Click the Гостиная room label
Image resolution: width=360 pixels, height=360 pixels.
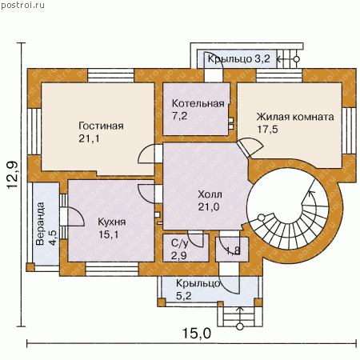101,126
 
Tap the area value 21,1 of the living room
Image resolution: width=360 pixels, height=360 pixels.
89,138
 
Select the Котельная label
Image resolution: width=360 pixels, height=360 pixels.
198,103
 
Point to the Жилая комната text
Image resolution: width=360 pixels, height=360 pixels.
295,117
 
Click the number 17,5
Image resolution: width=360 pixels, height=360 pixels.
267,130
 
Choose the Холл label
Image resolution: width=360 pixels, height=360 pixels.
210,194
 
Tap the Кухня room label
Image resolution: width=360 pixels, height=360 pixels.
112,222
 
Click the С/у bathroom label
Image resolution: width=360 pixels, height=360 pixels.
180,243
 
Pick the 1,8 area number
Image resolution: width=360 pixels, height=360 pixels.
233,250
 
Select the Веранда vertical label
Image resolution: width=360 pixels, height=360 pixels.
40,224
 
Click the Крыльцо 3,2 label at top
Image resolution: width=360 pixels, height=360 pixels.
239,58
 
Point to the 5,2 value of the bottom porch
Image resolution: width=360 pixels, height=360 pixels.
184,295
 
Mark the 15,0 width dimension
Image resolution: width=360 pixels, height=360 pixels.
197,334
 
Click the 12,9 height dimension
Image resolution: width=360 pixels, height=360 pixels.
13,175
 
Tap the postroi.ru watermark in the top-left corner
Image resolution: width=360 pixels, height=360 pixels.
22,6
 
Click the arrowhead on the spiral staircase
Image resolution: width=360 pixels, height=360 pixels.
311,193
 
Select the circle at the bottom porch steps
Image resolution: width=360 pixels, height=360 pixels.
240,326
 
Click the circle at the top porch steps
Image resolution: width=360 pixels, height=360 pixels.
296,59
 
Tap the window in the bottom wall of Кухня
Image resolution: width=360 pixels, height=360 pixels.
112,269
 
